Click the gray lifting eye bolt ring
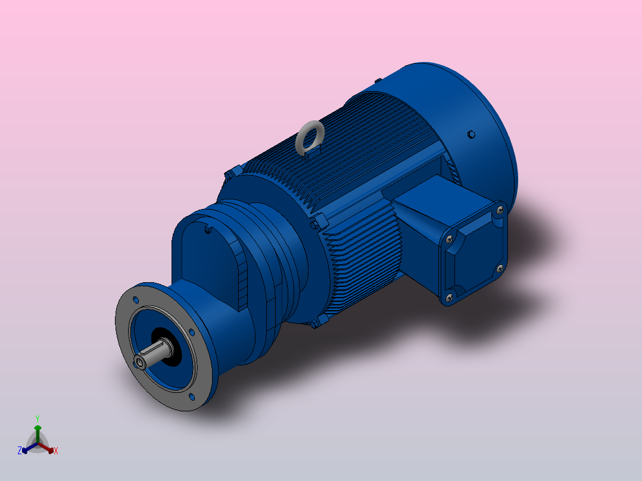(309, 138)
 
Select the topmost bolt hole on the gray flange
(136, 300)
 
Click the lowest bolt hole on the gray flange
(191, 396)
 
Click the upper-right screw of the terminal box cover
(499, 209)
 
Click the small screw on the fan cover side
(471, 135)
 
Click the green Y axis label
(37, 418)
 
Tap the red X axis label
(56, 451)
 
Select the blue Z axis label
(20, 451)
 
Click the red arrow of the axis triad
(48, 447)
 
